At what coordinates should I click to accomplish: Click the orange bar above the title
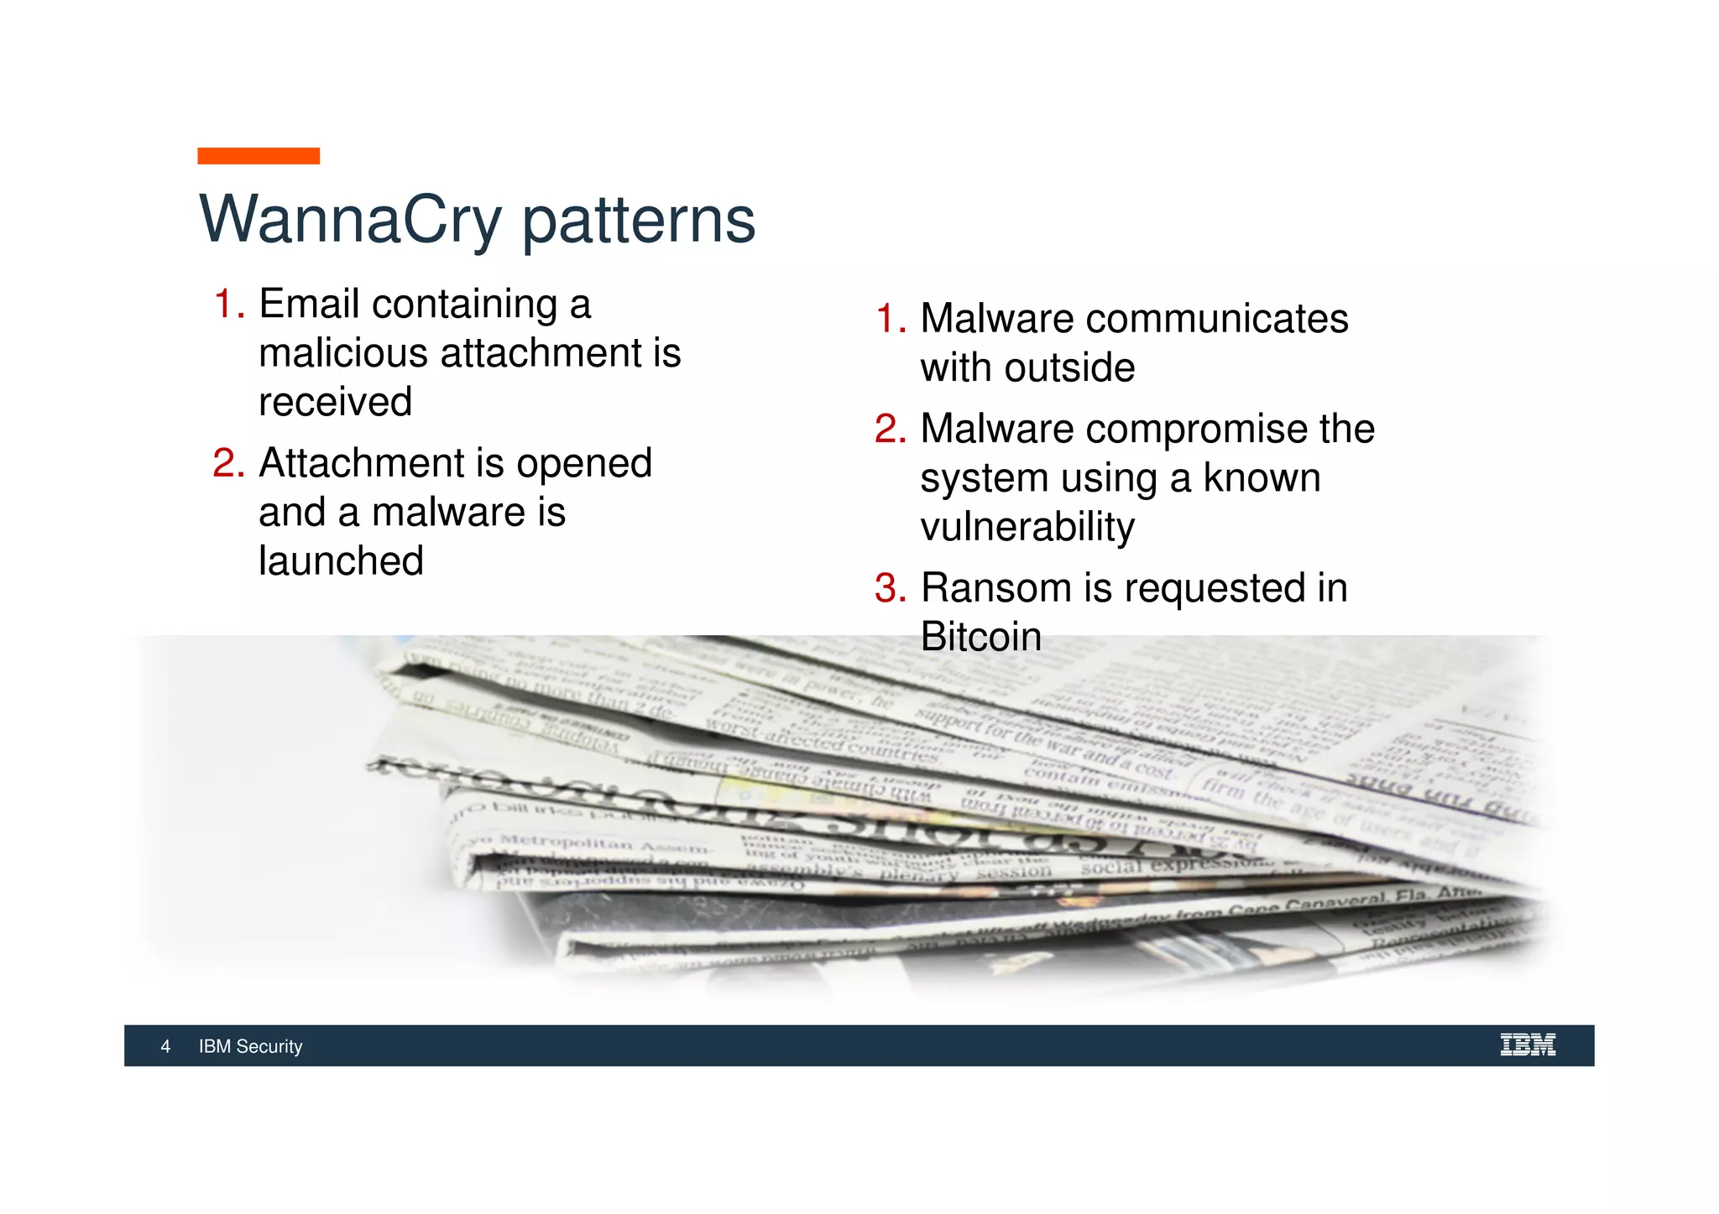coord(259,156)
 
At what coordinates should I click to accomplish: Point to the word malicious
coord(343,352)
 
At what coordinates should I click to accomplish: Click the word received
coord(335,402)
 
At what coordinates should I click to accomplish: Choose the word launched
coord(341,560)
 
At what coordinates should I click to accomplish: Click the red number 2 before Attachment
coord(227,463)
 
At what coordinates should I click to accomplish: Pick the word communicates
coord(1217,319)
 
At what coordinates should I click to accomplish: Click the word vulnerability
coord(1027,527)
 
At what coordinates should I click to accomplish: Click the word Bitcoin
coord(980,637)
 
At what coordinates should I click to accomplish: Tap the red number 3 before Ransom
coord(890,588)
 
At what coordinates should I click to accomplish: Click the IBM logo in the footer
coord(1528,1045)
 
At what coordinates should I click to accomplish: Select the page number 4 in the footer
coord(165,1046)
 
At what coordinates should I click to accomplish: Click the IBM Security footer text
coord(250,1046)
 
